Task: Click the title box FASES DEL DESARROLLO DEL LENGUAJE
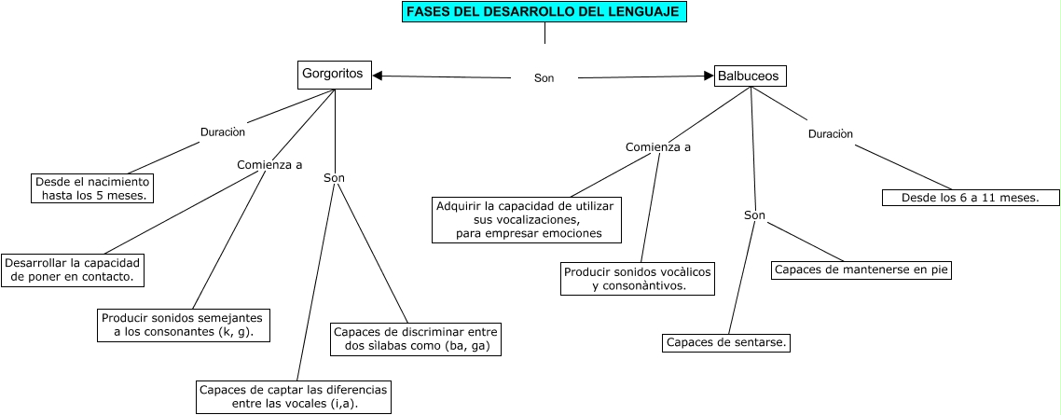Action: tap(544, 12)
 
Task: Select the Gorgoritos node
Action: tap(335, 75)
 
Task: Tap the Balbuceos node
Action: tap(750, 76)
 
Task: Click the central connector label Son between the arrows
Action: tap(544, 78)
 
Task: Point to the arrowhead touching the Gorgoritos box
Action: tap(378, 76)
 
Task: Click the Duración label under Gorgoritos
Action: tap(223, 132)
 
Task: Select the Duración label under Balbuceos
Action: tap(830, 134)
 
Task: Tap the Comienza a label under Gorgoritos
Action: tap(269, 165)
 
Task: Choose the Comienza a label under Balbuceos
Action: tap(658, 147)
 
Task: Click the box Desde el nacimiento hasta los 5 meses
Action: tap(91, 188)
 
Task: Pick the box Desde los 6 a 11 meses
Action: tap(971, 198)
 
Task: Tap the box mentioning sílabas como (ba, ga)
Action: tap(416, 339)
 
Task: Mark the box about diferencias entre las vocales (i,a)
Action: tap(293, 396)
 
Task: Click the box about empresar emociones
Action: tap(528, 220)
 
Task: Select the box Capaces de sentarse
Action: tap(727, 343)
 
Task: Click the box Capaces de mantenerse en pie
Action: tap(861, 270)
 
